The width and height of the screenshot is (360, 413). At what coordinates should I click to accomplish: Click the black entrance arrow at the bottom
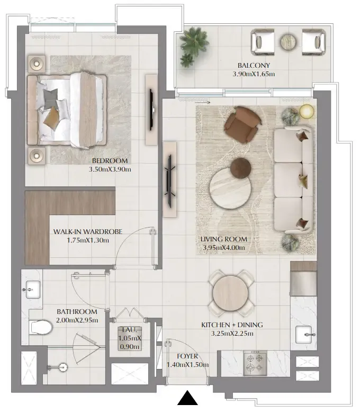coord(186,398)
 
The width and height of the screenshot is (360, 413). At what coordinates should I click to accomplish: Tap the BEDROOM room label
coord(110,161)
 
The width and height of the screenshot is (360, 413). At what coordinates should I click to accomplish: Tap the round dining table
coord(230,293)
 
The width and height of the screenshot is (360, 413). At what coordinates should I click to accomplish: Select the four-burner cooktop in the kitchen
coord(256,363)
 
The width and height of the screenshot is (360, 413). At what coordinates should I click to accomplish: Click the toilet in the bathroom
coord(41,327)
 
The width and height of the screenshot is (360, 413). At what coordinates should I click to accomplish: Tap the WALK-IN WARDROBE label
coord(88,232)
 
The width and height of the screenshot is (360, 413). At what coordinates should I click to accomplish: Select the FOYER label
coord(187,356)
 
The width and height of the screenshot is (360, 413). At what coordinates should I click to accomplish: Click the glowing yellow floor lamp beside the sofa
coord(306,111)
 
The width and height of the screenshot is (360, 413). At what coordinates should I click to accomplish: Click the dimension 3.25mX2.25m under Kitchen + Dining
coord(232,333)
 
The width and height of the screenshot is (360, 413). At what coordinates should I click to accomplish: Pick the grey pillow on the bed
coord(50,97)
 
